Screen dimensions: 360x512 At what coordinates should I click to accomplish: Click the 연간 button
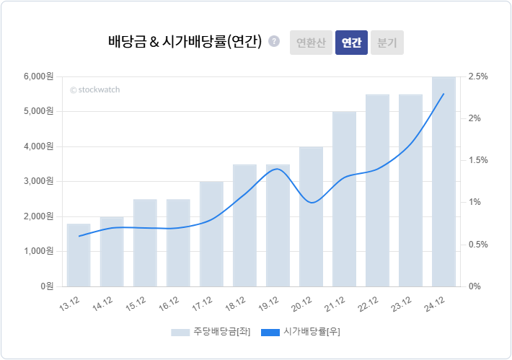click(x=351, y=43)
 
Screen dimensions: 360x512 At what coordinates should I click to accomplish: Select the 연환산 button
click(x=311, y=43)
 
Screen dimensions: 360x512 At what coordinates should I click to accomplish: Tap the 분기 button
click(x=387, y=43)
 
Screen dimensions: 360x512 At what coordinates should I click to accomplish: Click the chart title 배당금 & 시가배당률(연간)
click(x=185, y=42)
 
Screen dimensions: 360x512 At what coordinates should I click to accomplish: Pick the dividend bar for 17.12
click(x=211, y=234)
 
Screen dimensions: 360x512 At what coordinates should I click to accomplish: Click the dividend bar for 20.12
click(x=311, y=216)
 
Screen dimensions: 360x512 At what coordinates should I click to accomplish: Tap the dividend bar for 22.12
click(x=377, y=190)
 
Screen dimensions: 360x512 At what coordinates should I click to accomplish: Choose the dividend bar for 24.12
click(x=443, y=181)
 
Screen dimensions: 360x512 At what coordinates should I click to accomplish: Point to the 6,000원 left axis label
click(x=39, y=76)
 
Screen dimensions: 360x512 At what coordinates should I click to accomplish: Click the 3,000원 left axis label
click(x=39, y=181)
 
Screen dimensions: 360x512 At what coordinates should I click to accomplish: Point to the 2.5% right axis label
click(x=478, y=76)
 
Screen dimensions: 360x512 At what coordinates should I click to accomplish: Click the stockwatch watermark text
click(x=94, y=90)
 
